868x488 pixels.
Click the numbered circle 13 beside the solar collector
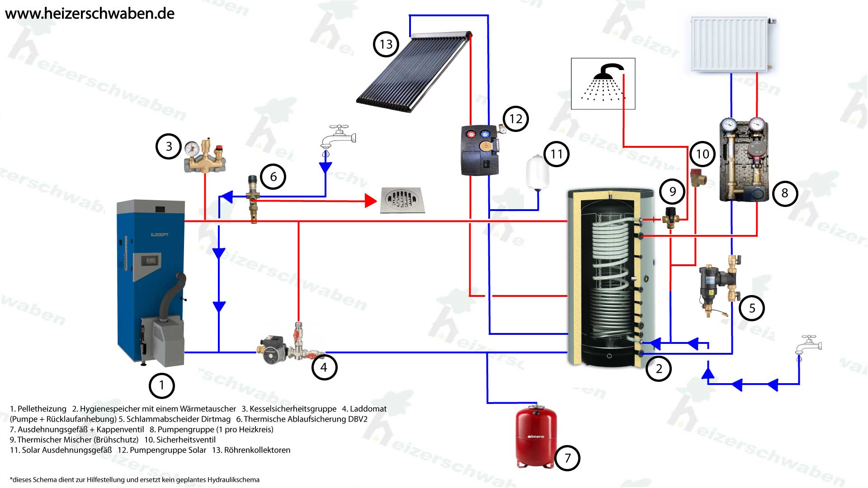click(386, 44)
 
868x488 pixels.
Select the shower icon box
click(603, 84)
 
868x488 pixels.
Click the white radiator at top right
click(730, 44)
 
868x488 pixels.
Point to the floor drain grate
click(402, 200)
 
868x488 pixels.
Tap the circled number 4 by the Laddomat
click(324, 367)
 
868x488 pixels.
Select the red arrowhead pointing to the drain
click(371, 201)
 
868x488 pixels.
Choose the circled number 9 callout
click(672, 192)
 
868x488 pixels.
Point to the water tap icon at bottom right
click(809, 347)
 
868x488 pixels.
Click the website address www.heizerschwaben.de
click(90, 14)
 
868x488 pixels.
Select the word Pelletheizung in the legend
click(42, 409)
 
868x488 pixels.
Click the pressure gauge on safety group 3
click(193, 148)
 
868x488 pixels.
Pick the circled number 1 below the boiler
click(161, 386)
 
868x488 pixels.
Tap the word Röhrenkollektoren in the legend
click(257, 450)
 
